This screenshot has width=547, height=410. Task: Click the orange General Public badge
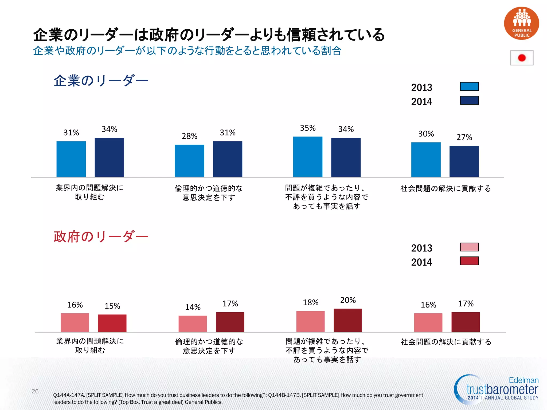pyautogui.click(x=521, y=23)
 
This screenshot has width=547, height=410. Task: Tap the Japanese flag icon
pyautogui.click(x=522, y=58)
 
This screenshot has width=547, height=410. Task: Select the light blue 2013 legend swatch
pyautogui.click(x=469, y=86)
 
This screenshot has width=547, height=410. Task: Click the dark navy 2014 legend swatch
pyautogui.click(x=469, y=100)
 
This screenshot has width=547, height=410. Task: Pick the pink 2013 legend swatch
pyautogui.click(x=469, y=247)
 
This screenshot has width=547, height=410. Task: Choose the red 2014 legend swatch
pyautogui.click(x=469, y=261)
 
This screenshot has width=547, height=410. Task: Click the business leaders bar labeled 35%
pyautogui.click(x=308, y=157)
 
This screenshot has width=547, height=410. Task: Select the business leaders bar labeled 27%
pyautogui.click(x=464, y=161)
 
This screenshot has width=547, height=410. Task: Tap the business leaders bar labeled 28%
pyautogui.click(x=189, y=161)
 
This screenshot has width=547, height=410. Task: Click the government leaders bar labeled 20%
pyautogui.click(x=348, y=320)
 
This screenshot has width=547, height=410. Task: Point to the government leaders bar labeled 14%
pyautogui.click(x=193, y=324)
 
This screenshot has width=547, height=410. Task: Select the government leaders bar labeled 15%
pyautogui.click(x=112, y=323)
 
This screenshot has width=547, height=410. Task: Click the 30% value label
pyautogui.click(x=426, y=134)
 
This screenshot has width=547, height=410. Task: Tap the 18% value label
pyautogui.click(x=310, y=302)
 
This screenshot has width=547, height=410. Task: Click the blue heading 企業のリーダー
pyautogui.click(x=101, y=81)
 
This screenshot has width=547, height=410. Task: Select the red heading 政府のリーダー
pyautogui.click(x=101, y=237)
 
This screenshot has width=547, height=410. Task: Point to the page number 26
pyautogui.click(x=35, y=391)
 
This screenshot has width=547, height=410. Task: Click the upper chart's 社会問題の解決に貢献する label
pyautogui.click(x=446, y=189)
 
